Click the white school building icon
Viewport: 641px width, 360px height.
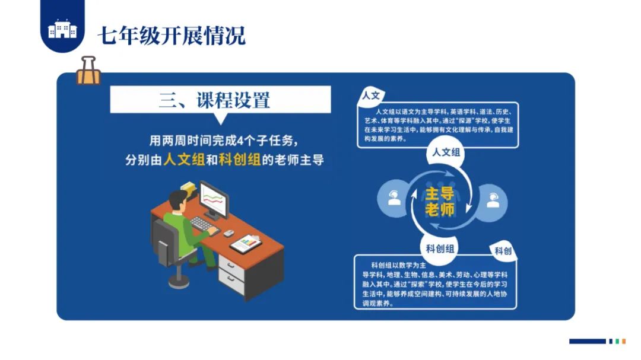click(x=62, y=29)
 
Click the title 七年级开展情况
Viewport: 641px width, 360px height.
click(x=172, y=35)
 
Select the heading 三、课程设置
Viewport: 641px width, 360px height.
click(x=214, y=99)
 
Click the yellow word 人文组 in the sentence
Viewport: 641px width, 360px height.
click(x=184, y=160)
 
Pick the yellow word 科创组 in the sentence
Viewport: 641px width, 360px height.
click(x=240, y=160)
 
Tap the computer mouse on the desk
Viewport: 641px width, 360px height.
click(x=227, y=233)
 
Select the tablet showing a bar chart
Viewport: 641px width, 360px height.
click(x=246, y=243)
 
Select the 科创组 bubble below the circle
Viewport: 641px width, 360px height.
click(x=440, y=249)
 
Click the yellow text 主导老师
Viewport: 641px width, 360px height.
click(x=440, y=201)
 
